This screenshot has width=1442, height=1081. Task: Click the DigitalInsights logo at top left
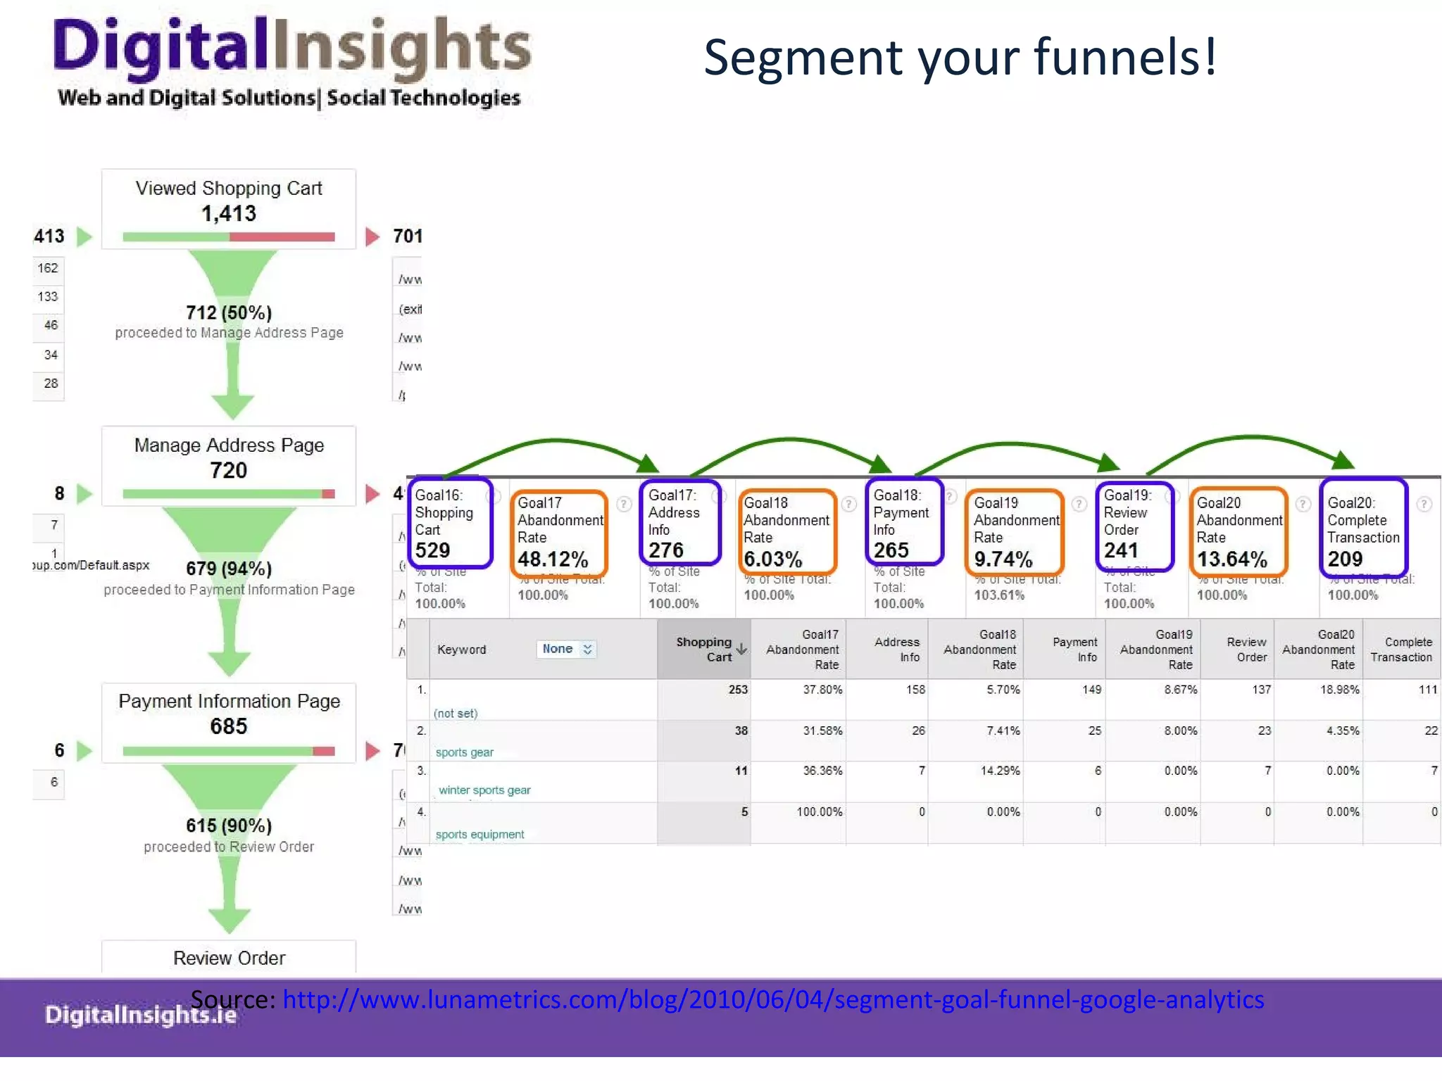pos(291,62)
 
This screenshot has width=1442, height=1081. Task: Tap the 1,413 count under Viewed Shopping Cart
pos(229,213)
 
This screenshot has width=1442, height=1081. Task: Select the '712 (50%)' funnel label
pos(229,312)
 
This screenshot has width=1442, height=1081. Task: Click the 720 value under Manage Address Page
pos(229,470)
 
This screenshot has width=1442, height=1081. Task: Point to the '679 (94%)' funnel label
pos(229,569)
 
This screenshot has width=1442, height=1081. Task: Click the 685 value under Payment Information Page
pos(229,726)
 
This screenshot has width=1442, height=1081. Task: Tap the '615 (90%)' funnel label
pos(229,826)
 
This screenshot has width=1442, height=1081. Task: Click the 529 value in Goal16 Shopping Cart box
pos(432,550)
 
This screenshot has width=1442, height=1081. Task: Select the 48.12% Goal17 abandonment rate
pos(553,560)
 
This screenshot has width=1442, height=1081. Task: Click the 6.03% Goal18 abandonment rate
pos(773,560)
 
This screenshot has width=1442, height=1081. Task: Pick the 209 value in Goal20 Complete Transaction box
pos(1345,559)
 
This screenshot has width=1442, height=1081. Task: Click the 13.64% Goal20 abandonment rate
pos(1232,560)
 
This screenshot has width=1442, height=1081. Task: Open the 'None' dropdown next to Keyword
pos(567,649)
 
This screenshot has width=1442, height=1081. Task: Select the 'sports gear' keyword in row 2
pos(464,752)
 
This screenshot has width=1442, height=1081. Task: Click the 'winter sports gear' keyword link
pos(484,790)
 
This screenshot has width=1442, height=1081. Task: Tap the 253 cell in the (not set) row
pos(738,690)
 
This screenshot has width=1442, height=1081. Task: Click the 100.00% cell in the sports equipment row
pos(819,812)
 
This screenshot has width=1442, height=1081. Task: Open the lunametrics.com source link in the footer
pos(773,1000)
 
